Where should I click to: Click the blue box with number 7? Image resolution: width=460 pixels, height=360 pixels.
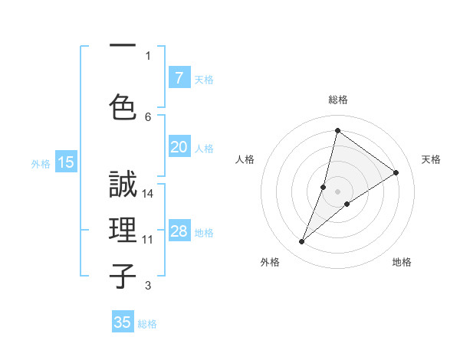[179, 78]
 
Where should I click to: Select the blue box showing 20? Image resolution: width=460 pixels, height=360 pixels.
[179, 147]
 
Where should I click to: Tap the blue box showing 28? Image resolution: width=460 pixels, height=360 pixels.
[179, 232]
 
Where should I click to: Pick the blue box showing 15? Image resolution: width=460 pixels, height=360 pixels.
[66, 162]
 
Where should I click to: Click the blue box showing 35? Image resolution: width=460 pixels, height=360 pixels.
[123, 322]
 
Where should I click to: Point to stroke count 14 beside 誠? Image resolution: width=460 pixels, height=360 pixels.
[148, 194]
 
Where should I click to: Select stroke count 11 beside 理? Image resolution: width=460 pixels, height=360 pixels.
[148, 240]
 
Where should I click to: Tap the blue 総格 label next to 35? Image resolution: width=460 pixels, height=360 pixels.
[147, 324]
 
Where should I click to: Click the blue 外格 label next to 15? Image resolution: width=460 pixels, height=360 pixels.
[41, 163]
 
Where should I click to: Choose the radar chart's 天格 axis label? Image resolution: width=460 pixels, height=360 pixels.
[431, 159]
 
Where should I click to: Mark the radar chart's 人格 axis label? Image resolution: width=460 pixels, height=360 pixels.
[245, 159]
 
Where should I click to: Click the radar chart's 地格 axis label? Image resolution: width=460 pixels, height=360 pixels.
[402, 262]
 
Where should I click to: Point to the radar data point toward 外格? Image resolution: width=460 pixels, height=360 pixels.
[302, 242]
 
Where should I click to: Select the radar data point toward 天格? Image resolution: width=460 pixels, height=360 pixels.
[396, 172]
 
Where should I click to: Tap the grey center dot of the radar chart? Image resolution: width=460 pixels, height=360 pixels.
[337, 191]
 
